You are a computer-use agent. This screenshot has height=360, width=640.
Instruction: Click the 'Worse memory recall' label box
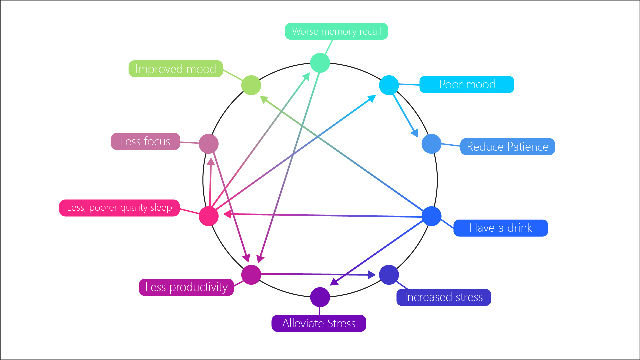click(336, 31)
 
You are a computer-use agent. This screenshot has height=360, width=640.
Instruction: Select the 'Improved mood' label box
click(176, 69)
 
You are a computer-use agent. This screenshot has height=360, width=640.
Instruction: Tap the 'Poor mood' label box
click(467, 84)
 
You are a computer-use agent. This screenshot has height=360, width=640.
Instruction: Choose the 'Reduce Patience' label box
click(507, 147)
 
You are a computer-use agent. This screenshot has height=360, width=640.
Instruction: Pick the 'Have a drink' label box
click(500, 228)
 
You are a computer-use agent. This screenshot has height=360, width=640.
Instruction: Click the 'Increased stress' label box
click(443, 297)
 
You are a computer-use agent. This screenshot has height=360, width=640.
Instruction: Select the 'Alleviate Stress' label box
click(319, 323)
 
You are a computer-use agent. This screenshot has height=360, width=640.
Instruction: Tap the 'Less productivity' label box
click(186, 287)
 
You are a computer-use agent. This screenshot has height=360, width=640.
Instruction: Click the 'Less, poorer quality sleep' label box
click(119, 208)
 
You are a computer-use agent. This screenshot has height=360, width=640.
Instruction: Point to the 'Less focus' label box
click(145, 141)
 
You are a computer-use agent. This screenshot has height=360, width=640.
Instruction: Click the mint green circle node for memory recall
click(320, 63)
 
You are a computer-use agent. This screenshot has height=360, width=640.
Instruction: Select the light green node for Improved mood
click(251, 85)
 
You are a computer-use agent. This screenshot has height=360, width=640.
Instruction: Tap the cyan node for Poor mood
click(389, 85)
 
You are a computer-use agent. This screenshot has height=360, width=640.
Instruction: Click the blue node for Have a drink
click(431, 216)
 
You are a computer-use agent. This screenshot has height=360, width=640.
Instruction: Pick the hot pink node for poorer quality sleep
click(209, 216)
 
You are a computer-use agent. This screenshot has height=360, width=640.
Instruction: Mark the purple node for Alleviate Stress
click(320, 297)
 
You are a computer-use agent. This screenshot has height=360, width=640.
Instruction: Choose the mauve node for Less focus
click(209, 144)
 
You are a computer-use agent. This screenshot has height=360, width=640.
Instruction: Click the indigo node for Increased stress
click(389, 275)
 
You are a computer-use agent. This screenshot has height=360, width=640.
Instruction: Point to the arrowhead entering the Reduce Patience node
click(415, 133)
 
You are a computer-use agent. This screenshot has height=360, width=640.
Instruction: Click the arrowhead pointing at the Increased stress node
click(372, 275)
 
